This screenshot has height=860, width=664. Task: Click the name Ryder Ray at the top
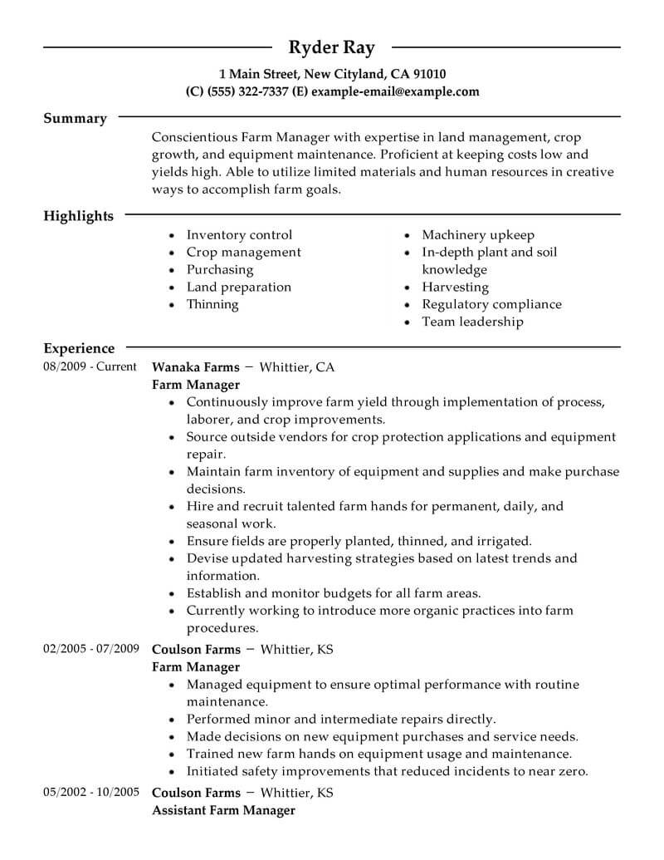coord(331,47)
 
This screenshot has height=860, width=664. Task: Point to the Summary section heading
coord(75,119)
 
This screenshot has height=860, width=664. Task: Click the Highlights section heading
coord(78,216)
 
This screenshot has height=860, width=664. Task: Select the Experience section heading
coord(79,349)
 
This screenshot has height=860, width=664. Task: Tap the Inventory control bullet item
coord(239,235)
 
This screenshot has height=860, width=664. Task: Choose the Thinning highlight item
coord(212,304)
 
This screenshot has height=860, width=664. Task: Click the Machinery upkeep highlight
coord(478,235)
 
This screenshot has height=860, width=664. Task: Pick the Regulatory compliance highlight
coord(491,304)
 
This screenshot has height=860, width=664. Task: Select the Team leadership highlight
coord(472,322)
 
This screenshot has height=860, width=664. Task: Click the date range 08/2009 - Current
coord(90,366)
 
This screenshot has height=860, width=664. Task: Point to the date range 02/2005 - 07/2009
coord(90,649)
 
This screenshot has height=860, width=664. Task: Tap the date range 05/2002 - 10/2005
coord(90,792)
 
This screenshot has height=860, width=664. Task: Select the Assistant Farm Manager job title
coord(223,809)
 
